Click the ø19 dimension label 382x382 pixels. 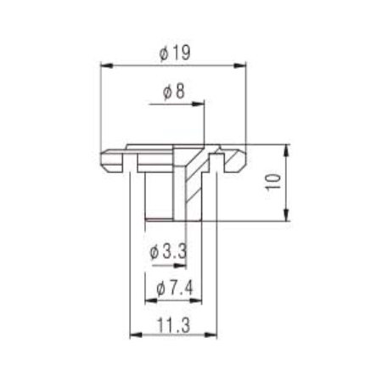[x=175, y=53]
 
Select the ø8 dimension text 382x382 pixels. [x=174, y=92]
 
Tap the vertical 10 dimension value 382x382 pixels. [x=273, y=183]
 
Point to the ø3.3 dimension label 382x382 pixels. [x=168, y=251]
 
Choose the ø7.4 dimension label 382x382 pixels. [x=175, y=289]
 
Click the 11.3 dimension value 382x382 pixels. [x=173, y=325]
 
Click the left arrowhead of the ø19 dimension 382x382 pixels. [x=107, y=65]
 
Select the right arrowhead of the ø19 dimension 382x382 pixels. [x=239, y=65]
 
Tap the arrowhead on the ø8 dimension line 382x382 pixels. [x=198, y=104]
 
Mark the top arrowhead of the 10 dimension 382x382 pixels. [x=287, y=150]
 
